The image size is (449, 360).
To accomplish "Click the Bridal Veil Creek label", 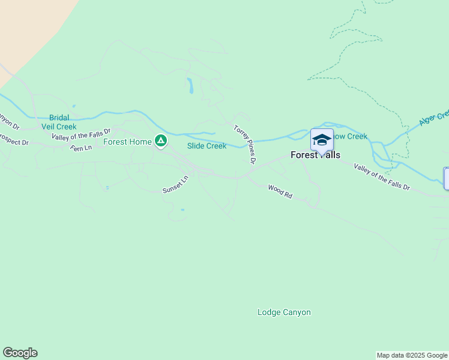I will pos(59,122).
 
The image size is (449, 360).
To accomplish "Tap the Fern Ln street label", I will pos(81,148).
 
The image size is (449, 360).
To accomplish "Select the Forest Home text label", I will pos(127,142).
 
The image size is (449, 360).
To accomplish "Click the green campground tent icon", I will pos(160,141).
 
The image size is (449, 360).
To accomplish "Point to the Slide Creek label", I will pos(206,146).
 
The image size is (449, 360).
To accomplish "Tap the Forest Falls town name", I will pos(315,155).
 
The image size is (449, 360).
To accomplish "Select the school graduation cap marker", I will pos(322,140).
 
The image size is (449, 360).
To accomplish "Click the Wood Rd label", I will pos(280,192).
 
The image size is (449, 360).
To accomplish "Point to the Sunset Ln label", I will pos(175,184).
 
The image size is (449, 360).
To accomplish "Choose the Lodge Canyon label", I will pos(284,312).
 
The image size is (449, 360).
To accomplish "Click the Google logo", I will pos(20,353).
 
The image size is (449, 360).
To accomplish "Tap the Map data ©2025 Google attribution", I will pos(412,355).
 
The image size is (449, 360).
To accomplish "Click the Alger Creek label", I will pos(434,118).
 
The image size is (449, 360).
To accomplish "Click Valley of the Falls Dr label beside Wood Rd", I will pos(382,177).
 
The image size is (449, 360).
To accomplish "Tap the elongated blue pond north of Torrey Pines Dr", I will pos(190,86).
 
